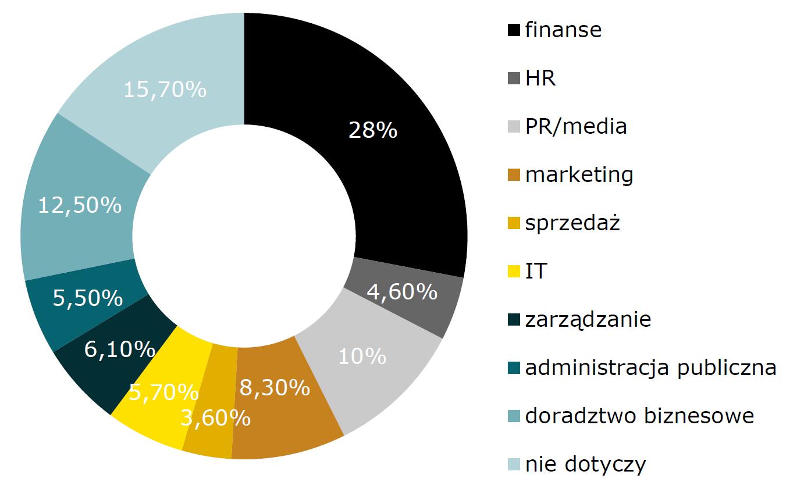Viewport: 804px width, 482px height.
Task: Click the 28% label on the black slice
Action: click(x=373, y=130)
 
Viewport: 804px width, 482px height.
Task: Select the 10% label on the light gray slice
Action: click(x=362, y=356)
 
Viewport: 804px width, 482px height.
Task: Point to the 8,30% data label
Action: click(x=274, y=387)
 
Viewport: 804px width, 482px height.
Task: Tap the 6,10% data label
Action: click(x=120, y=349)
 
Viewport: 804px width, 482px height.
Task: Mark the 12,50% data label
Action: click(x=80, y=205)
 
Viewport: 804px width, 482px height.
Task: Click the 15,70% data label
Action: click(x=165, y=90)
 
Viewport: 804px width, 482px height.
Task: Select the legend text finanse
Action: click(x=563, y=30)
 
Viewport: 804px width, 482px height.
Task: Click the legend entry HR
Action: click(x=540, y=78)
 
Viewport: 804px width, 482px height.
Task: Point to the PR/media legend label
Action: click(x=576, y=126)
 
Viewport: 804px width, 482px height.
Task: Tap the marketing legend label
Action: click(x=579, y=174)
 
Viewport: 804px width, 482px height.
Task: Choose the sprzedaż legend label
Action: click(x=572, y=223)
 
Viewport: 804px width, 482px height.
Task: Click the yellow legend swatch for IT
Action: click(x=514, y=272)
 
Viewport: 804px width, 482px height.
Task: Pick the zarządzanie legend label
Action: click(x=588, y=319)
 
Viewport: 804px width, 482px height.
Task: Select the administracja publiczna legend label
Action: click(x=650, y=367)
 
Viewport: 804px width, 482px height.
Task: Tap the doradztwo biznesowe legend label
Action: click(x=639, y=416)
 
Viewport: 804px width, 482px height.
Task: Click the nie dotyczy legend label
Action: click(x=585, y=464)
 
